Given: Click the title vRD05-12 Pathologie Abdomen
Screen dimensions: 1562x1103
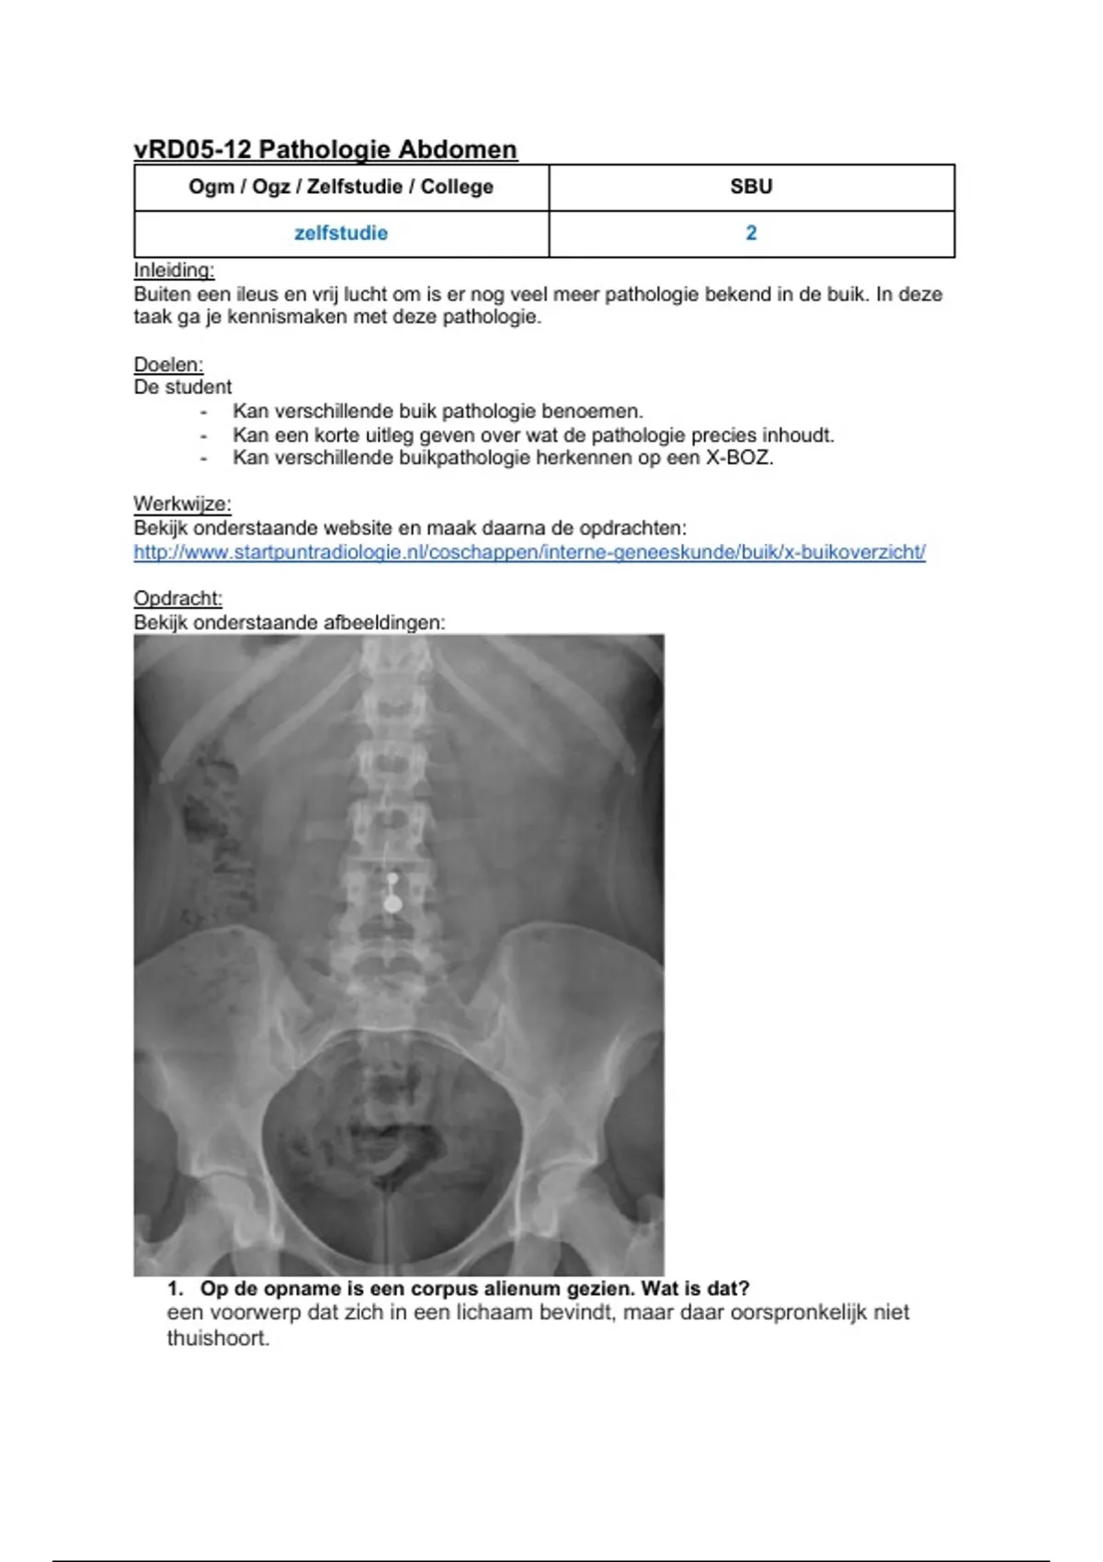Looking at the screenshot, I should pos(325,149).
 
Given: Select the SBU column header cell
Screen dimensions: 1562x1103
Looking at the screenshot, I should pos(751,187).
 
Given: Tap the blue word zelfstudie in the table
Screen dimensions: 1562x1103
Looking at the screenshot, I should pos(341,233).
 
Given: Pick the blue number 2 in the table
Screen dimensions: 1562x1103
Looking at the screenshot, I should pos(751,233).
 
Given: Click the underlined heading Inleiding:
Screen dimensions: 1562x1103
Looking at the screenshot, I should pos(174,270).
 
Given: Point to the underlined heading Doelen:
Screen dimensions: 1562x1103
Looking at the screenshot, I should pos(168,364).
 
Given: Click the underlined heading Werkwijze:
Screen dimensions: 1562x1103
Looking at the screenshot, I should pos(182,504).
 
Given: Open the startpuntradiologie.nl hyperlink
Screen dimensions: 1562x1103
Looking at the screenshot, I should pos(529,552).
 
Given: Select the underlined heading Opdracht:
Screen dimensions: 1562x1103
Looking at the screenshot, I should pos(178,598).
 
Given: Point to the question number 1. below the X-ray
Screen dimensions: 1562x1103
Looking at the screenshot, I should pos(176,1288).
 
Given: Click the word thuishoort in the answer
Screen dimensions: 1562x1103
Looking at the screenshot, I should pos(218,1338).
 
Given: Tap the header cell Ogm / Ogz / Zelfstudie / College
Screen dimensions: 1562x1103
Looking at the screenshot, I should pos(341,187).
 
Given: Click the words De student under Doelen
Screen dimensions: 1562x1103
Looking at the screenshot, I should pos(183,387).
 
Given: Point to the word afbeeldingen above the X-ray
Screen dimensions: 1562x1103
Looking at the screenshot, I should pos(383,622).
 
